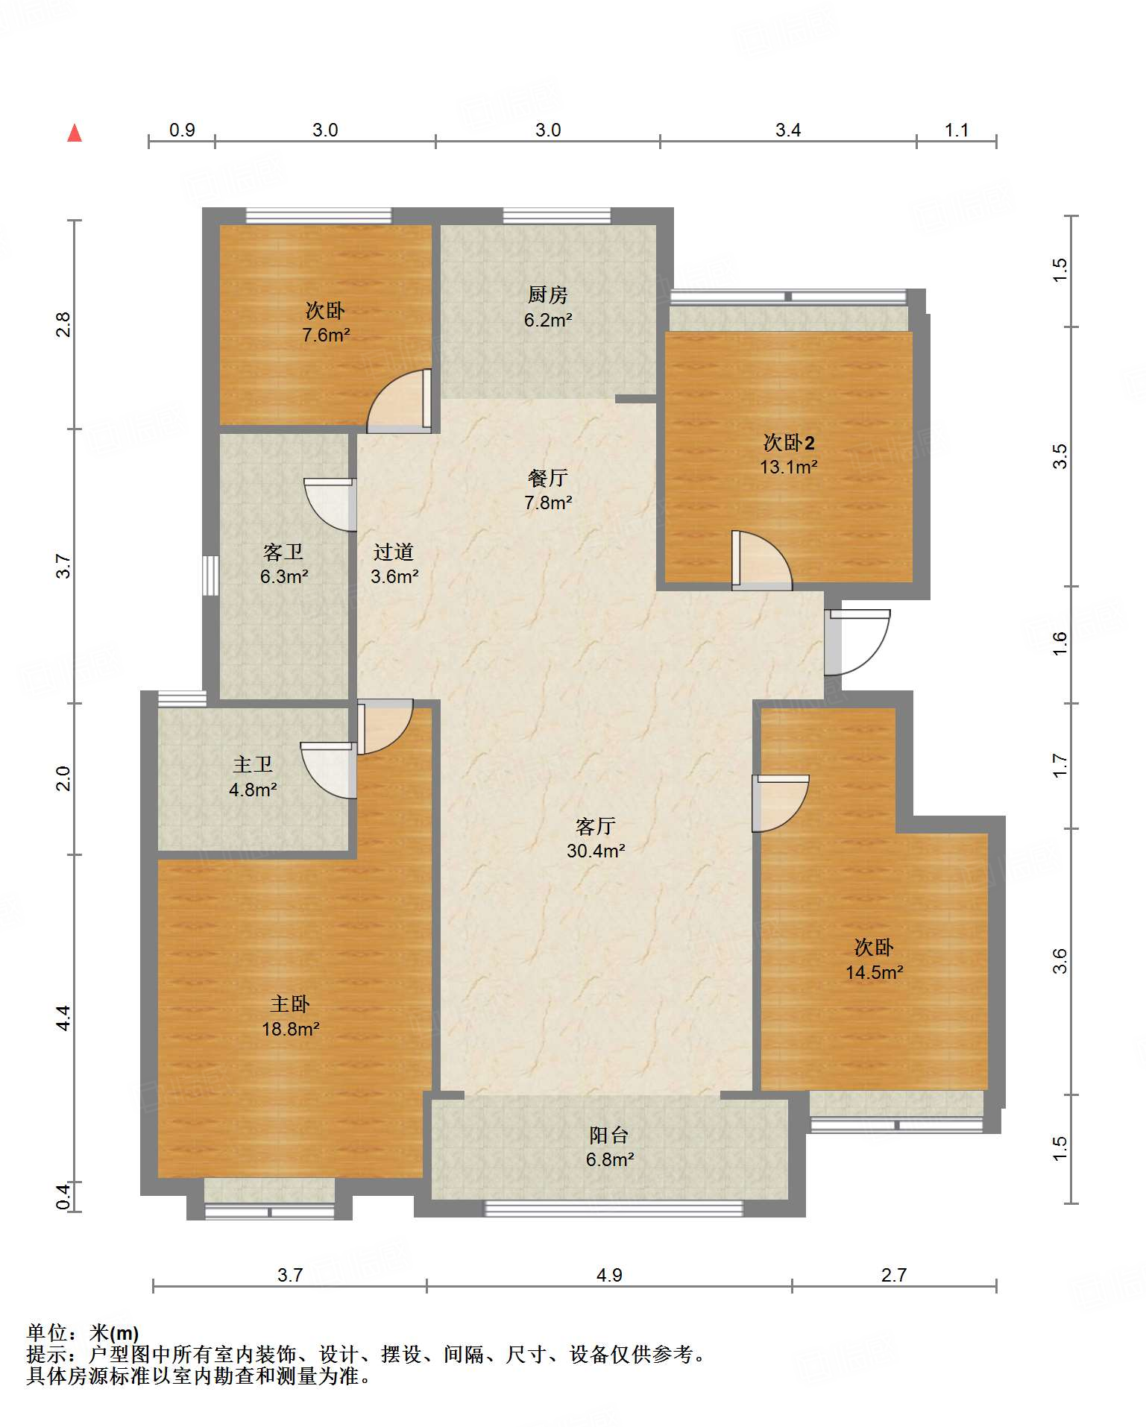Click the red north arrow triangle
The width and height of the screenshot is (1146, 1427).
click(75, 133)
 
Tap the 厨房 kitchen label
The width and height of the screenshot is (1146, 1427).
click(548, 295)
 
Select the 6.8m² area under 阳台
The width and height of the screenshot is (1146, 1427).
click(610, 1159)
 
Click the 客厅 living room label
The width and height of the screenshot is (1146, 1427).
click(595, 826)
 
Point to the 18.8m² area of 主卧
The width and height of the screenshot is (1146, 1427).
click(291, 1029)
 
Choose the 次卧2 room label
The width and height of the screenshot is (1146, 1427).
click(789, 443)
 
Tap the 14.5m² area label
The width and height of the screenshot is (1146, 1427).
click(875, 972)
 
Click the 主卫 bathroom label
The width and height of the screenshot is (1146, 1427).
click(253, 764)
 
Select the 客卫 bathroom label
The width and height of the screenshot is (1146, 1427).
click(283, 552)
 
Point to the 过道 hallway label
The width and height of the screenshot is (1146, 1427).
click(394, 552)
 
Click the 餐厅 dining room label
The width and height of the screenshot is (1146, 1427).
click(548, 478)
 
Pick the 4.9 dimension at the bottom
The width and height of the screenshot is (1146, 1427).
click(609, 1275)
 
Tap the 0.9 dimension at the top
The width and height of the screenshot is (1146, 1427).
click(182, 130)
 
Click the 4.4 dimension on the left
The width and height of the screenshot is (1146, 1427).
click(63, 1018)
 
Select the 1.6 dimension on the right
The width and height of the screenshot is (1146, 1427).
click(1060, 643)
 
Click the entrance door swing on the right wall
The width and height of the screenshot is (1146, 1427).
click(858, 643)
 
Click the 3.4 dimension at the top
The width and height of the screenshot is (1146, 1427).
click(788, 130)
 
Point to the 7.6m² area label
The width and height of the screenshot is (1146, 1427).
click(326, 335)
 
